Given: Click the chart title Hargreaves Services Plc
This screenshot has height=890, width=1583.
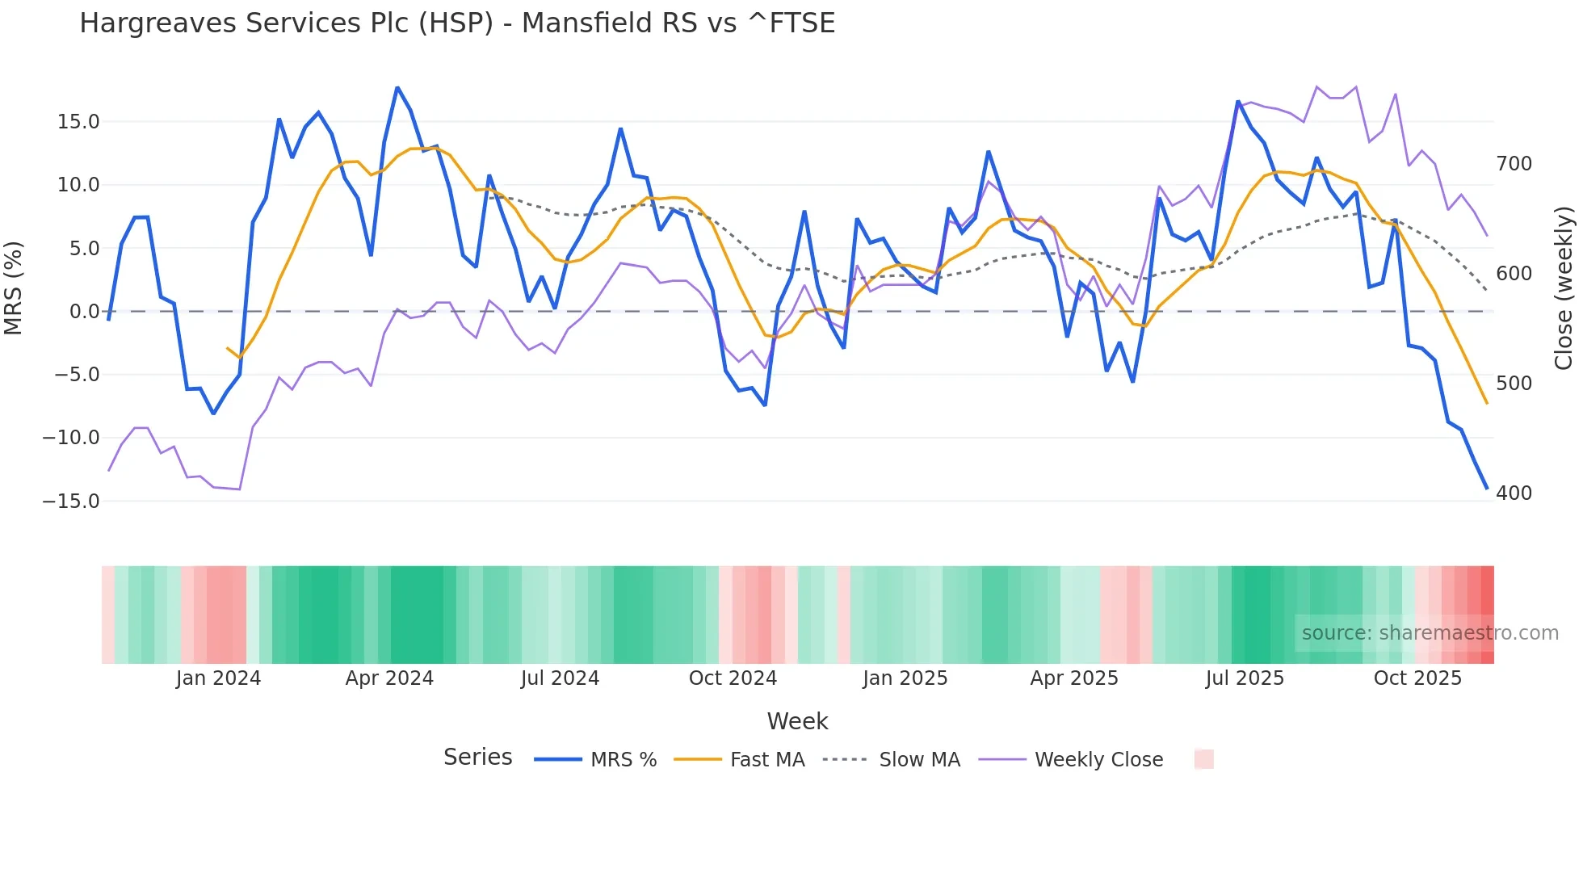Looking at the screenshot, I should pos(456,23).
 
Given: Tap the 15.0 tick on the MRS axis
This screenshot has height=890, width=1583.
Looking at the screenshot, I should pos(78,122).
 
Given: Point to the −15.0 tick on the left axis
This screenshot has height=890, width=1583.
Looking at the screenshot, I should pos(72,502).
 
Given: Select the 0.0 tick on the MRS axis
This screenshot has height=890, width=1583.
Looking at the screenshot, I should pos(84,312).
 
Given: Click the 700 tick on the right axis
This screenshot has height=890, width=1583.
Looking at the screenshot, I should pos(1514,164).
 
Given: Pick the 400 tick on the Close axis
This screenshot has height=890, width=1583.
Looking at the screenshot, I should pos(1514,493).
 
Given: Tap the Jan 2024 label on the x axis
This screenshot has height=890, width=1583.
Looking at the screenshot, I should pos(218,678).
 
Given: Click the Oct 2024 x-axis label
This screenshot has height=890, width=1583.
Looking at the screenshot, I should pos(733,678).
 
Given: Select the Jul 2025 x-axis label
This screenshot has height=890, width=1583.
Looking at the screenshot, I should pos(1245,678).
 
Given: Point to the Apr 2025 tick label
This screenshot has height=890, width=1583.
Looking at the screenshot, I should pos(1074,678).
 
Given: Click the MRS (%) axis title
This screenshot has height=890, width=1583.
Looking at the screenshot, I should pos(14,288).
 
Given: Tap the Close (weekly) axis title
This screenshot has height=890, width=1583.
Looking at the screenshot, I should pos(1564,288).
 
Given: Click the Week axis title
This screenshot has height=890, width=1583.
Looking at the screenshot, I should pos(797,721).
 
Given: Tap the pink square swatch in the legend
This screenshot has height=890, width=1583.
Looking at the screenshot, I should pos(1203,759).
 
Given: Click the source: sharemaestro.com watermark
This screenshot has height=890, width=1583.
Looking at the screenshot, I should pos(1430,633).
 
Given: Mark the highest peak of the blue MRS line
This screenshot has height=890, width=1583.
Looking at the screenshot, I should pos(397,87).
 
